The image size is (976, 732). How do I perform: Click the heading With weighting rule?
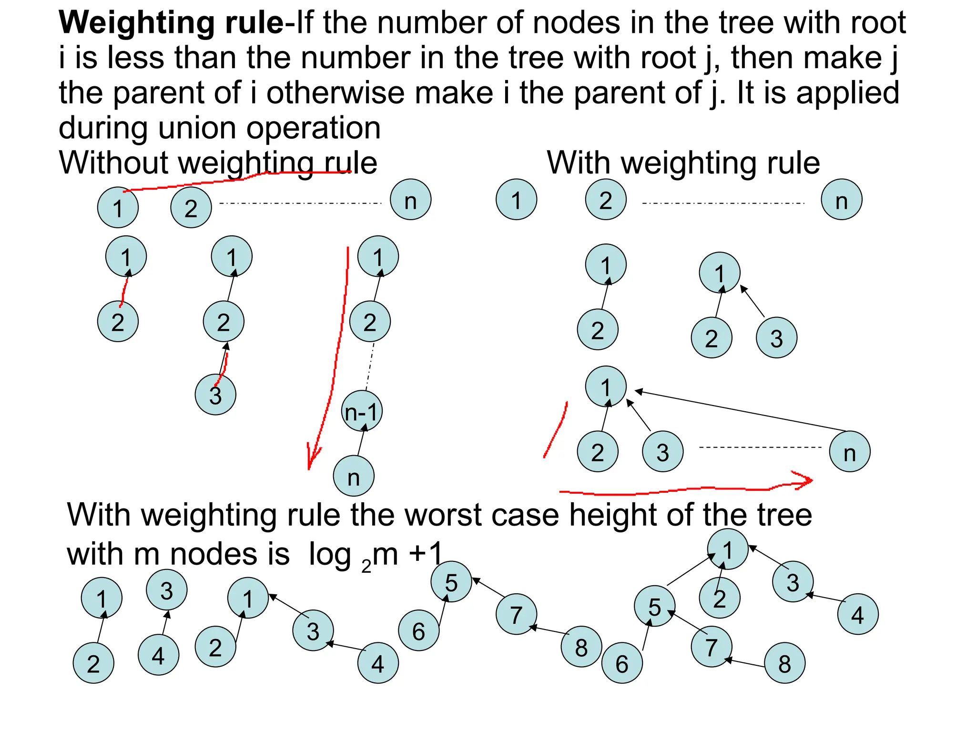[683, 163]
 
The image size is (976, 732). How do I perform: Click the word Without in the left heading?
[113, 163]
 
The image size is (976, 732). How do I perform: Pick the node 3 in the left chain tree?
[215, 395]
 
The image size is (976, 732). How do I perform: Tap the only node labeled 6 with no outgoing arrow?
[418, 631]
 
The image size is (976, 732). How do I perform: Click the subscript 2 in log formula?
[366, 566]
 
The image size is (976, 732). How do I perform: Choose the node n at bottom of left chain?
[354, 477]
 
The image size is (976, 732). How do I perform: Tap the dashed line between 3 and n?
[760, 447]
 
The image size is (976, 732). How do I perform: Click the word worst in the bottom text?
[442, 516]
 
